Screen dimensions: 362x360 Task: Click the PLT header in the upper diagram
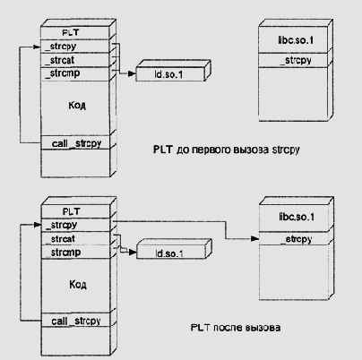[71, 32]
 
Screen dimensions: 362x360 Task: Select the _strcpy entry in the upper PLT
[60, 47]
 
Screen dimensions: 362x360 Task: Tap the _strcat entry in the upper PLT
[59, 60]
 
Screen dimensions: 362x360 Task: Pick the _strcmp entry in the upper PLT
[62, 73]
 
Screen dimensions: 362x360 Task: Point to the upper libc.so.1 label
[296, 40]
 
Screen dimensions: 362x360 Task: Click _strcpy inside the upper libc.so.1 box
[296, 61]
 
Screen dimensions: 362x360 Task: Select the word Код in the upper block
[77, 105]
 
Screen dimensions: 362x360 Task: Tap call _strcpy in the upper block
[76, 143]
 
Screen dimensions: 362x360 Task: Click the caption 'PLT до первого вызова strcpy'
[227, 150]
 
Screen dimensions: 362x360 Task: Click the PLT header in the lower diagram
[72, 211]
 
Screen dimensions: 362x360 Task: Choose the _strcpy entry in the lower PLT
[62, 225]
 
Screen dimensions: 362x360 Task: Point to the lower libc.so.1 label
[297, 217]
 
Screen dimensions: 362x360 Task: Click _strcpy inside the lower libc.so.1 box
[297, 239]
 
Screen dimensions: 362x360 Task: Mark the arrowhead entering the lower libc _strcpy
[254, 238]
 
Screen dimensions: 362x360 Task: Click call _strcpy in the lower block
[76, 321]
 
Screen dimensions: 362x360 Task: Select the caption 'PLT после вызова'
[236, 328]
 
